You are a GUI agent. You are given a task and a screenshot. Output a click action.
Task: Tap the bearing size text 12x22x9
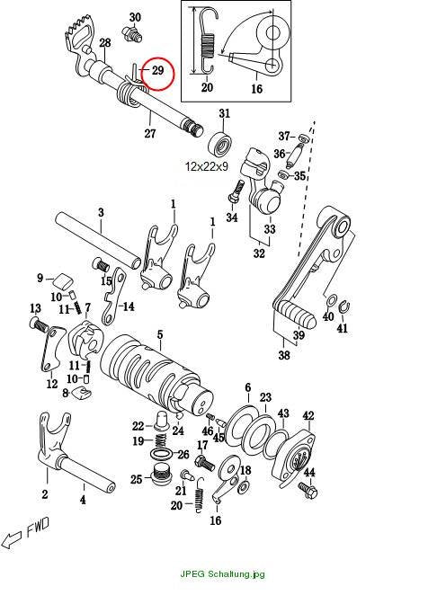207,165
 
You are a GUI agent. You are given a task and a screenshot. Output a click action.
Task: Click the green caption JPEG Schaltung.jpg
222,573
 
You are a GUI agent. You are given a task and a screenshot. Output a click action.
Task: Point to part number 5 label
160,334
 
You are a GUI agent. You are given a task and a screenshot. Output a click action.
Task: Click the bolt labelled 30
131,34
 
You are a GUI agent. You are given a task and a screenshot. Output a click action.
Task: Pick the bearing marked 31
220,144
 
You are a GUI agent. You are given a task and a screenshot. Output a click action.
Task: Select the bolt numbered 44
308,490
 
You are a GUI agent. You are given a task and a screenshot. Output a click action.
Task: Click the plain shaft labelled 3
98,239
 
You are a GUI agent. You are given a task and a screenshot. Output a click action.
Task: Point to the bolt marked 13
39,324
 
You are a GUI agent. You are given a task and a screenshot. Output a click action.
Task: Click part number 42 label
308,415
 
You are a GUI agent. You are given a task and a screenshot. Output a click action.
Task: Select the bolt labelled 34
236,192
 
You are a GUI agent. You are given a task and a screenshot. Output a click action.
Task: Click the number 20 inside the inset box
207,87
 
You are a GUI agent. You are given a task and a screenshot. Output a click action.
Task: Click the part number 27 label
150,133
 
